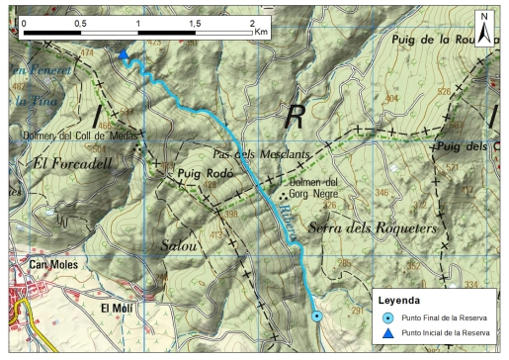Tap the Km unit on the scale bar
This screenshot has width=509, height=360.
(261, 32)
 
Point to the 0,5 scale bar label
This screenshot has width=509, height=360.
(81, 21)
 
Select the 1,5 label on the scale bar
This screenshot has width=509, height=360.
(196, 21)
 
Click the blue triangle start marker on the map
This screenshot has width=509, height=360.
(123, 55)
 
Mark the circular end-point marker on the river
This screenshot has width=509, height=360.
(316, 316)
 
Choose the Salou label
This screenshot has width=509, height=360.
(179, 243)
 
